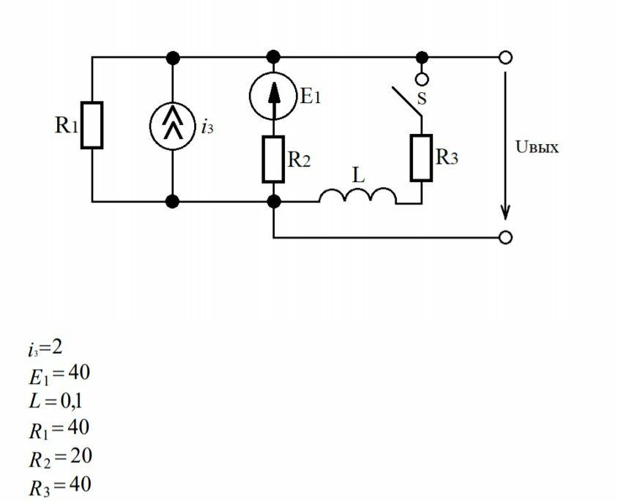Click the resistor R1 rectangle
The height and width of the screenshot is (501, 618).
pos(92,126)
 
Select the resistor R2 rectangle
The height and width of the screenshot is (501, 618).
pos(273,159)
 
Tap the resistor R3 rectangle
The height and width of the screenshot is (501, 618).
pos(422,157)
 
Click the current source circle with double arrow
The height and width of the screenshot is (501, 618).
pos(173,126)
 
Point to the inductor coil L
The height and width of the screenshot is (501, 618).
pos(358,196)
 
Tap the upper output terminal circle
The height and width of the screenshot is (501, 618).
pos(505,57)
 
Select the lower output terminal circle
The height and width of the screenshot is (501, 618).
pos(505,237)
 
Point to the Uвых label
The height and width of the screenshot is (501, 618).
pos(537,148)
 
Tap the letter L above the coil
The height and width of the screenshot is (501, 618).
pos(358,176)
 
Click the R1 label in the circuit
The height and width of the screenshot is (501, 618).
pos(67,126)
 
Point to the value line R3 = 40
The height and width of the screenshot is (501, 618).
pos(60,485)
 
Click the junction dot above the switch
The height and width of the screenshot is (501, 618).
pos(422,57)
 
